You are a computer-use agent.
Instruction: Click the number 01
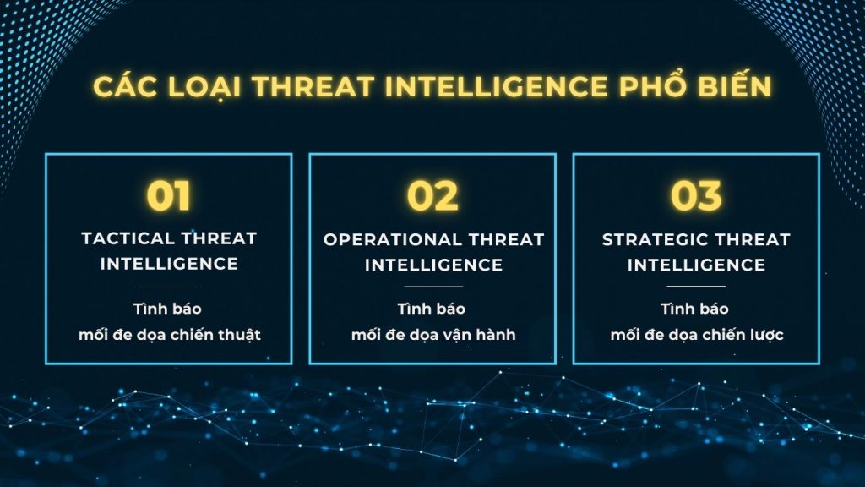169,196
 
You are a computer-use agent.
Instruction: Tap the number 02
432,196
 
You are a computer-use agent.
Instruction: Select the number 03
696,196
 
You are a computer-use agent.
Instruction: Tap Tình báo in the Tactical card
169,309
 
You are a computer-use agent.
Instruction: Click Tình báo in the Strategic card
696,309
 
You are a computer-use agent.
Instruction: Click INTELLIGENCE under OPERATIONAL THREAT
433,265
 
